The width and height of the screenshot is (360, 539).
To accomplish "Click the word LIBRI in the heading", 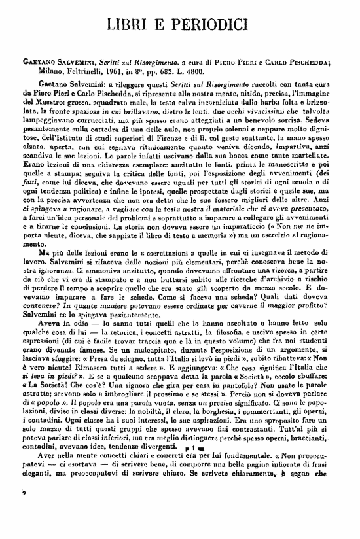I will coord(128,26).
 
